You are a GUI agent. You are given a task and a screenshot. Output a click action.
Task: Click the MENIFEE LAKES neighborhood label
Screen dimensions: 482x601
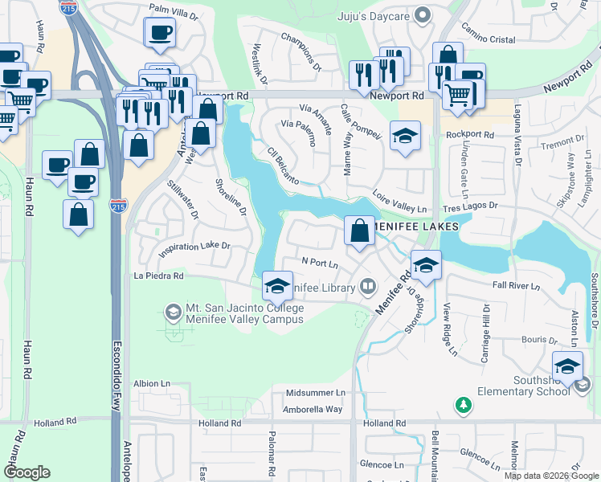[415, 227]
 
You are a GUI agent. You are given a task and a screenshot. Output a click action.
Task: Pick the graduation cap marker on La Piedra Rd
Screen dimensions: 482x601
[276, 286]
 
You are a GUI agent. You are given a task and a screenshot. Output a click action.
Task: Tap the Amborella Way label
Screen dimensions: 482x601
[312, 409]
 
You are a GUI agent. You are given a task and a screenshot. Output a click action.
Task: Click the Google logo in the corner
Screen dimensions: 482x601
[27, 472]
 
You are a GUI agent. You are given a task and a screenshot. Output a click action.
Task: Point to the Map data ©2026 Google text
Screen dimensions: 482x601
[550, 476]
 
